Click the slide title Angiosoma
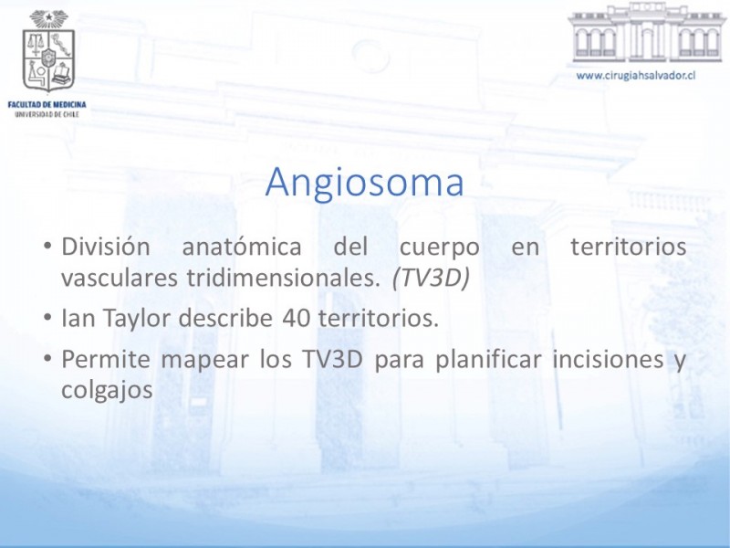tap(364, 183)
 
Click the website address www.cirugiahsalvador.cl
tap(635, 76)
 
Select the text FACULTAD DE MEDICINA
tap(47, 104)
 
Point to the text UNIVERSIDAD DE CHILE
tap(47, 114)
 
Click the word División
tap(106, 247)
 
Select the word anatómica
tap(242, 247)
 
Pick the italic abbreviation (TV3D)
tap(431, 279)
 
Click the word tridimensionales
tap(284, 279)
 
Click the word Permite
tap(106, 359)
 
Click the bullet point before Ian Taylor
tap(47, 318)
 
